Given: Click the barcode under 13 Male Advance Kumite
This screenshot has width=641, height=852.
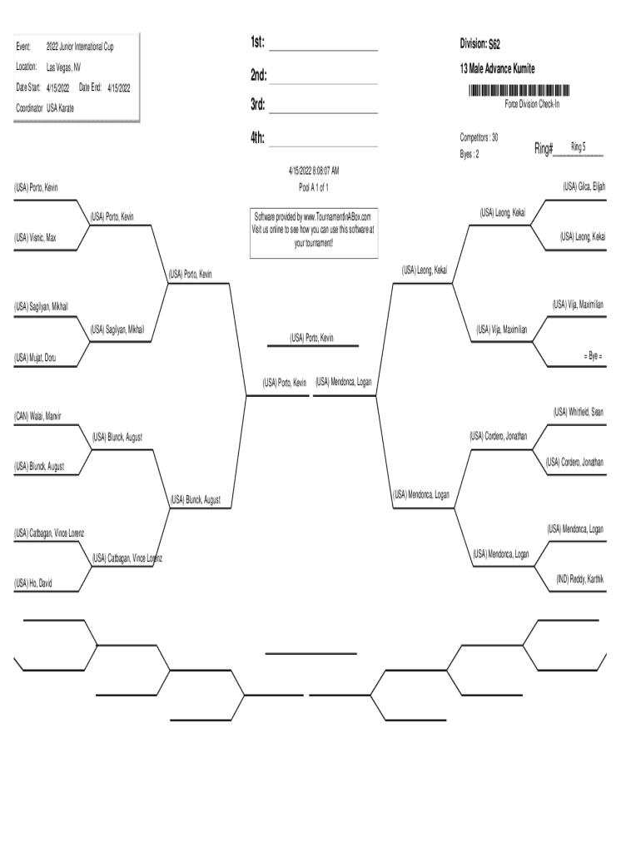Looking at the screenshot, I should pyautogui.click(x=519, y=90).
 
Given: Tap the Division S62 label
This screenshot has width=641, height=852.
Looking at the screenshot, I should pyautogui.click(x=480, y=43).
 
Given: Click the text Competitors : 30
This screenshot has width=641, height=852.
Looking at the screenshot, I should pyautogui.click(x=479, y=136).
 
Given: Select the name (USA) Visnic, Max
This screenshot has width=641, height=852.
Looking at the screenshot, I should pyautogui.click(x=36, y=238).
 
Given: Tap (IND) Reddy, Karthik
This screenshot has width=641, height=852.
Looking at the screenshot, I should pyautogui.click(x=580, y=578).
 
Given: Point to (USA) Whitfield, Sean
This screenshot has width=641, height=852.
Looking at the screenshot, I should pyautogui.click(x=579, y=411).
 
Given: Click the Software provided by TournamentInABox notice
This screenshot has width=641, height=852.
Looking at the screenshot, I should pyautogui.click(x=313, y=230).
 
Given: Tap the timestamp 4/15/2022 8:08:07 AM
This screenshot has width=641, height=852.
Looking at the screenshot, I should pyautogui.click(x=313, y=171).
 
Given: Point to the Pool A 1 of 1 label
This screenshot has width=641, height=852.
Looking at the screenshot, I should pyautogui.click(x=313, y=187).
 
